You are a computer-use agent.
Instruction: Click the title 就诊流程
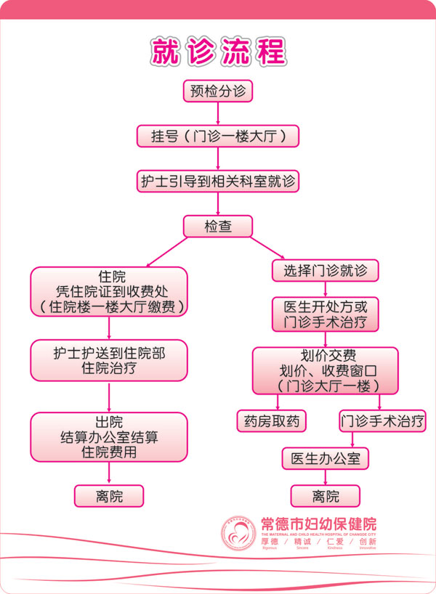pyautogui.click(x=218, y=51)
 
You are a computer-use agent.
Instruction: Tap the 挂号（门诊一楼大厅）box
pyautogui.click(x=218, y=136)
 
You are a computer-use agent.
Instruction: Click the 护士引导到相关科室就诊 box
pyautogui.click(x=218, y=181)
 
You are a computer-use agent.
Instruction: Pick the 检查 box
pyautogui.click(x=218, y=226)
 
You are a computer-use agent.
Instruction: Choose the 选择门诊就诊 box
pyautogui.click(x=325, y=271)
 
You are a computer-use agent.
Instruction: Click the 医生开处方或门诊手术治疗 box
pyautogui.click(x=325, y=313)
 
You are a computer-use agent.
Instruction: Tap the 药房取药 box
pyautogui.click(x=272, y=420)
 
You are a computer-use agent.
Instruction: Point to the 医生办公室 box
pyautogui.click(x=326, y=459)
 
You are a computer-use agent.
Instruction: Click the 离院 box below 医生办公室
pyautogui.click(x=326, y=496)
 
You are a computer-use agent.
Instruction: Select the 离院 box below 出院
pyautogui.click(x=109, y=496)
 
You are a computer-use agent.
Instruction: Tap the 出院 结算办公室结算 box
pyautogui.click(x=109, y=437)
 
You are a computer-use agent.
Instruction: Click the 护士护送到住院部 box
pyautogui.click(x=109, y=360)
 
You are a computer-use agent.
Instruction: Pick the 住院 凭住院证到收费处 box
pyautogui.click(x=109, y=291)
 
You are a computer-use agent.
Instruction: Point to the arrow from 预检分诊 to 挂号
pyautogui.click(x=218, y=113)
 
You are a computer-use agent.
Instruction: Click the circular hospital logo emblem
pyautogui.click(x=239, y=535)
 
